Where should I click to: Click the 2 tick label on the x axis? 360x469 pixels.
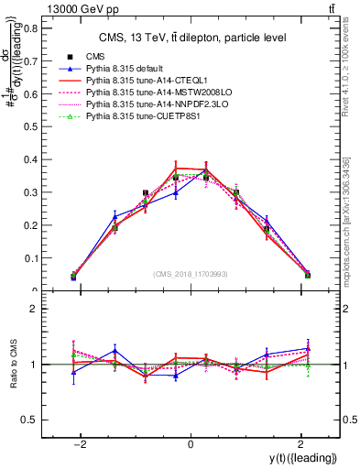[x=301, y=444]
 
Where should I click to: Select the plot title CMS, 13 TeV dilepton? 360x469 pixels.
[x=192, y=38]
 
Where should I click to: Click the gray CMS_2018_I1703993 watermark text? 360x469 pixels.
[x=191, y=275]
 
